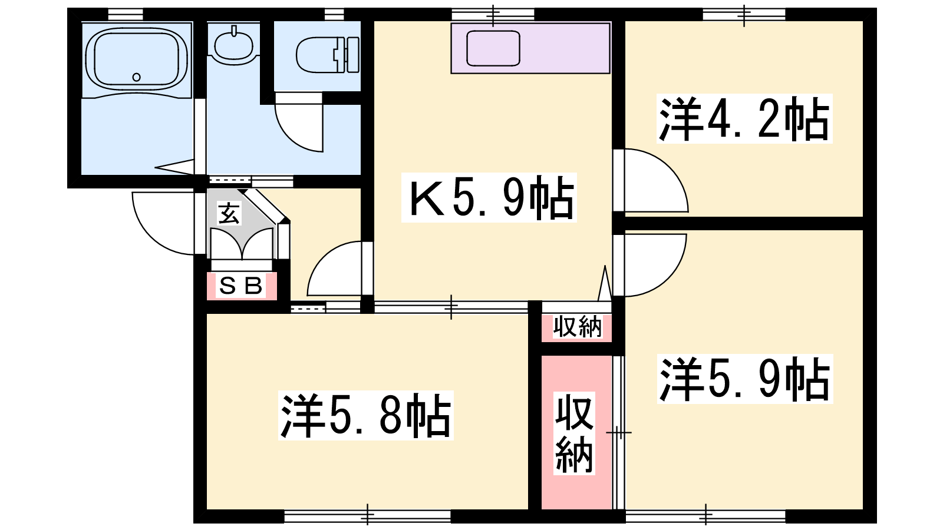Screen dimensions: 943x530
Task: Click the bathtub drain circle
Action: pos(136,77)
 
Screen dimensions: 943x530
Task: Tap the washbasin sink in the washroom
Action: pos(233,44)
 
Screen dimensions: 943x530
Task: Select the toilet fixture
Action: pos(328,55)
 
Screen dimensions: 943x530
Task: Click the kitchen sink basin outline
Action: pos(493,48)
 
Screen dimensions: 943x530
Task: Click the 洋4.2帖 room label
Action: pos(744,119)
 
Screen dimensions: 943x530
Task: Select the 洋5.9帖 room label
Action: pos(745,379)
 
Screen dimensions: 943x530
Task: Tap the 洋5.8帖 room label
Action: pos(365,416)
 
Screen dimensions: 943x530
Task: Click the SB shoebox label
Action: pos(241,286)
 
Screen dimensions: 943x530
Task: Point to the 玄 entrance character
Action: pos(229,213)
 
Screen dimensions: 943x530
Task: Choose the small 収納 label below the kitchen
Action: pos(577,326)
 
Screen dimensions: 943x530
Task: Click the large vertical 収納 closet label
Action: pos(574,433)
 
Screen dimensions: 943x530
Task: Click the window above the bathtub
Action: pos(126,14)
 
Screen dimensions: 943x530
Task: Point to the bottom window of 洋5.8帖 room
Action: pos(368,516)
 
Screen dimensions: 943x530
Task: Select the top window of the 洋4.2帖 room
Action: pos(744,14)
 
